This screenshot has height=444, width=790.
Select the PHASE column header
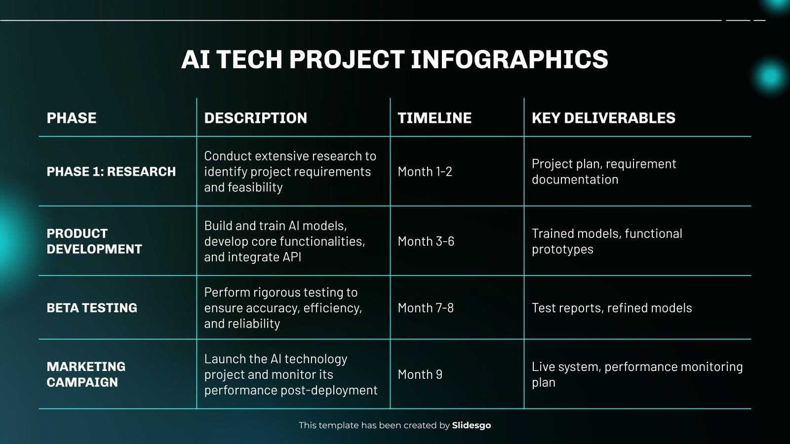click(72, 118)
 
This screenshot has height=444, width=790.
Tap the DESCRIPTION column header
click(255, 118)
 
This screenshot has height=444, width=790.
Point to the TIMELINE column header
click(434, 118)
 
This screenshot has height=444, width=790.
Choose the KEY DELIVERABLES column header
click(603, 118)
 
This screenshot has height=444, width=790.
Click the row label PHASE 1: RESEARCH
click(111, 172)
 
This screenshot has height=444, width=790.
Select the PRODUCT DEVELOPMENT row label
click(94, 241)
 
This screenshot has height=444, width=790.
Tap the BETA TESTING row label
click(92, 308)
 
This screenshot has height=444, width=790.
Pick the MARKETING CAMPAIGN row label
click(86, 374)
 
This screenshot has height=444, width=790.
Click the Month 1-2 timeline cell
click(425, 172)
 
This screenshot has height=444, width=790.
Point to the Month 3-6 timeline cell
click(426, 241)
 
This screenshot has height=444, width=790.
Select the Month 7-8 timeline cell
click(426, 308)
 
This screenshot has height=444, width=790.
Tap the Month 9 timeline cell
click(420, 374)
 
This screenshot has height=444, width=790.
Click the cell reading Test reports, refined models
click(612, 308)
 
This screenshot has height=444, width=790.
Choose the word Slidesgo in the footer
click(472, 425)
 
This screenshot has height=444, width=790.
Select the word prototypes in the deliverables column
click(562, 249)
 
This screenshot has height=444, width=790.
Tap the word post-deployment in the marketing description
click(329, 390)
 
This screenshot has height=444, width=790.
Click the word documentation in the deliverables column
click(575, 180)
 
